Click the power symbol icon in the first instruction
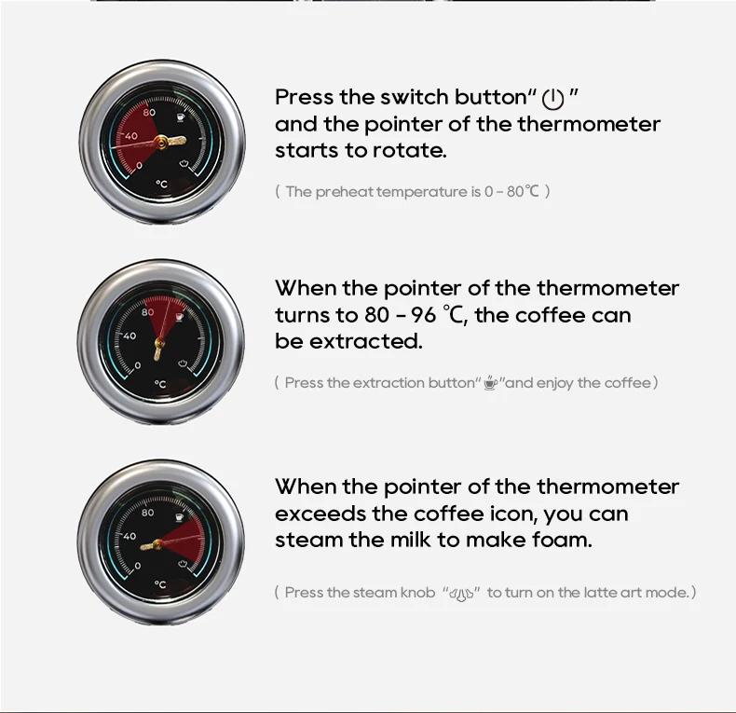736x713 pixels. point(553,99)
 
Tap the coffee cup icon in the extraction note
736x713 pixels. point(491,383)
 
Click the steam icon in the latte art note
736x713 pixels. point(463,593)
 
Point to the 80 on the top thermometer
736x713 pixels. point(150,113)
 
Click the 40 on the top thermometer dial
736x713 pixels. point(130,136)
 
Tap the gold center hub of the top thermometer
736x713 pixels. point(161,142)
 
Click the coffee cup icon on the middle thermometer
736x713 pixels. point(178,317)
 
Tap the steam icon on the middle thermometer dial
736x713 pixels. point(184,363)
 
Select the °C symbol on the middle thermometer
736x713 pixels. point(160,384)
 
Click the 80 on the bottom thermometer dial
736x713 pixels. point(148,513)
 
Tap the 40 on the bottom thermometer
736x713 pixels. point(129,536)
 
